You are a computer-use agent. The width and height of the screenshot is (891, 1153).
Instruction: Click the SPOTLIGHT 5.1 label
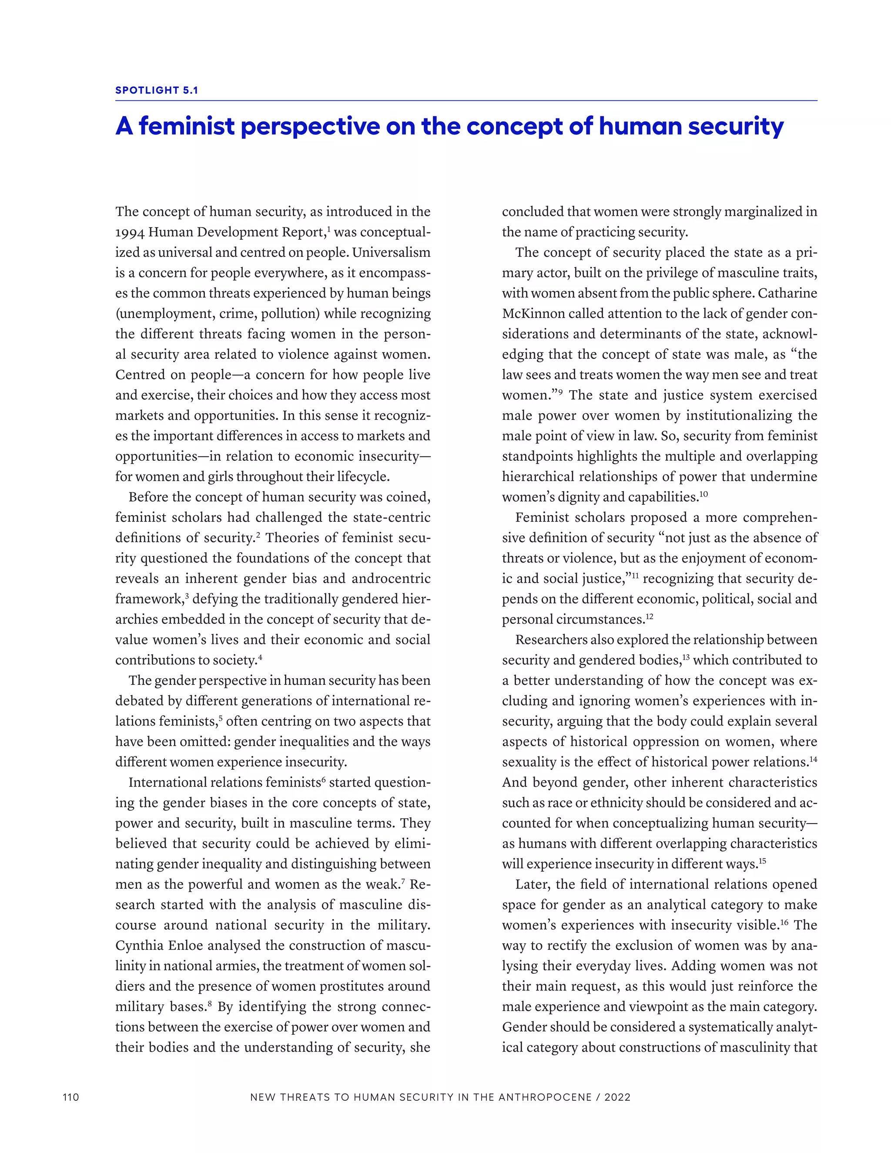[x=157, y=90]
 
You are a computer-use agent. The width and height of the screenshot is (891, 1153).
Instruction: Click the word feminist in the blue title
[x=186, y=126]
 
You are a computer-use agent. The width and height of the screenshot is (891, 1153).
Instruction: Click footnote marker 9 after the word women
[x=560, y=391]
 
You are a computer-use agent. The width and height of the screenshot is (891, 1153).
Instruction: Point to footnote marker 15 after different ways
[x=762, y=860]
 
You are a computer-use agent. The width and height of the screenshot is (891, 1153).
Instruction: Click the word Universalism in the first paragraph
[x=391, y=252]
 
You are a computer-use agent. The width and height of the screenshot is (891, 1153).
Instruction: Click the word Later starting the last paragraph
[x=533, y=884]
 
